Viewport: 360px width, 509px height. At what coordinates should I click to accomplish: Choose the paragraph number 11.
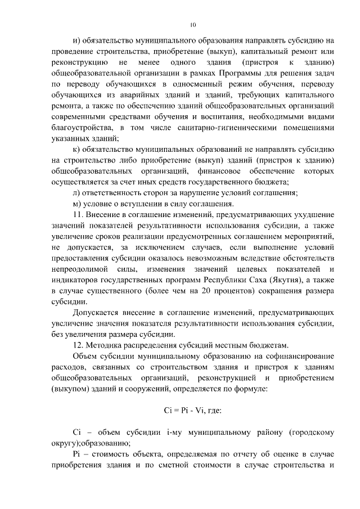click(79, 214)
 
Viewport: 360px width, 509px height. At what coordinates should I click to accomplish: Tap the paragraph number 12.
click(79, 345)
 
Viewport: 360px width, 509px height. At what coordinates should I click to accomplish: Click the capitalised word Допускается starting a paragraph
click(98, 312)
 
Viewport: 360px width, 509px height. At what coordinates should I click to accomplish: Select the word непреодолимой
click(78, 269)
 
